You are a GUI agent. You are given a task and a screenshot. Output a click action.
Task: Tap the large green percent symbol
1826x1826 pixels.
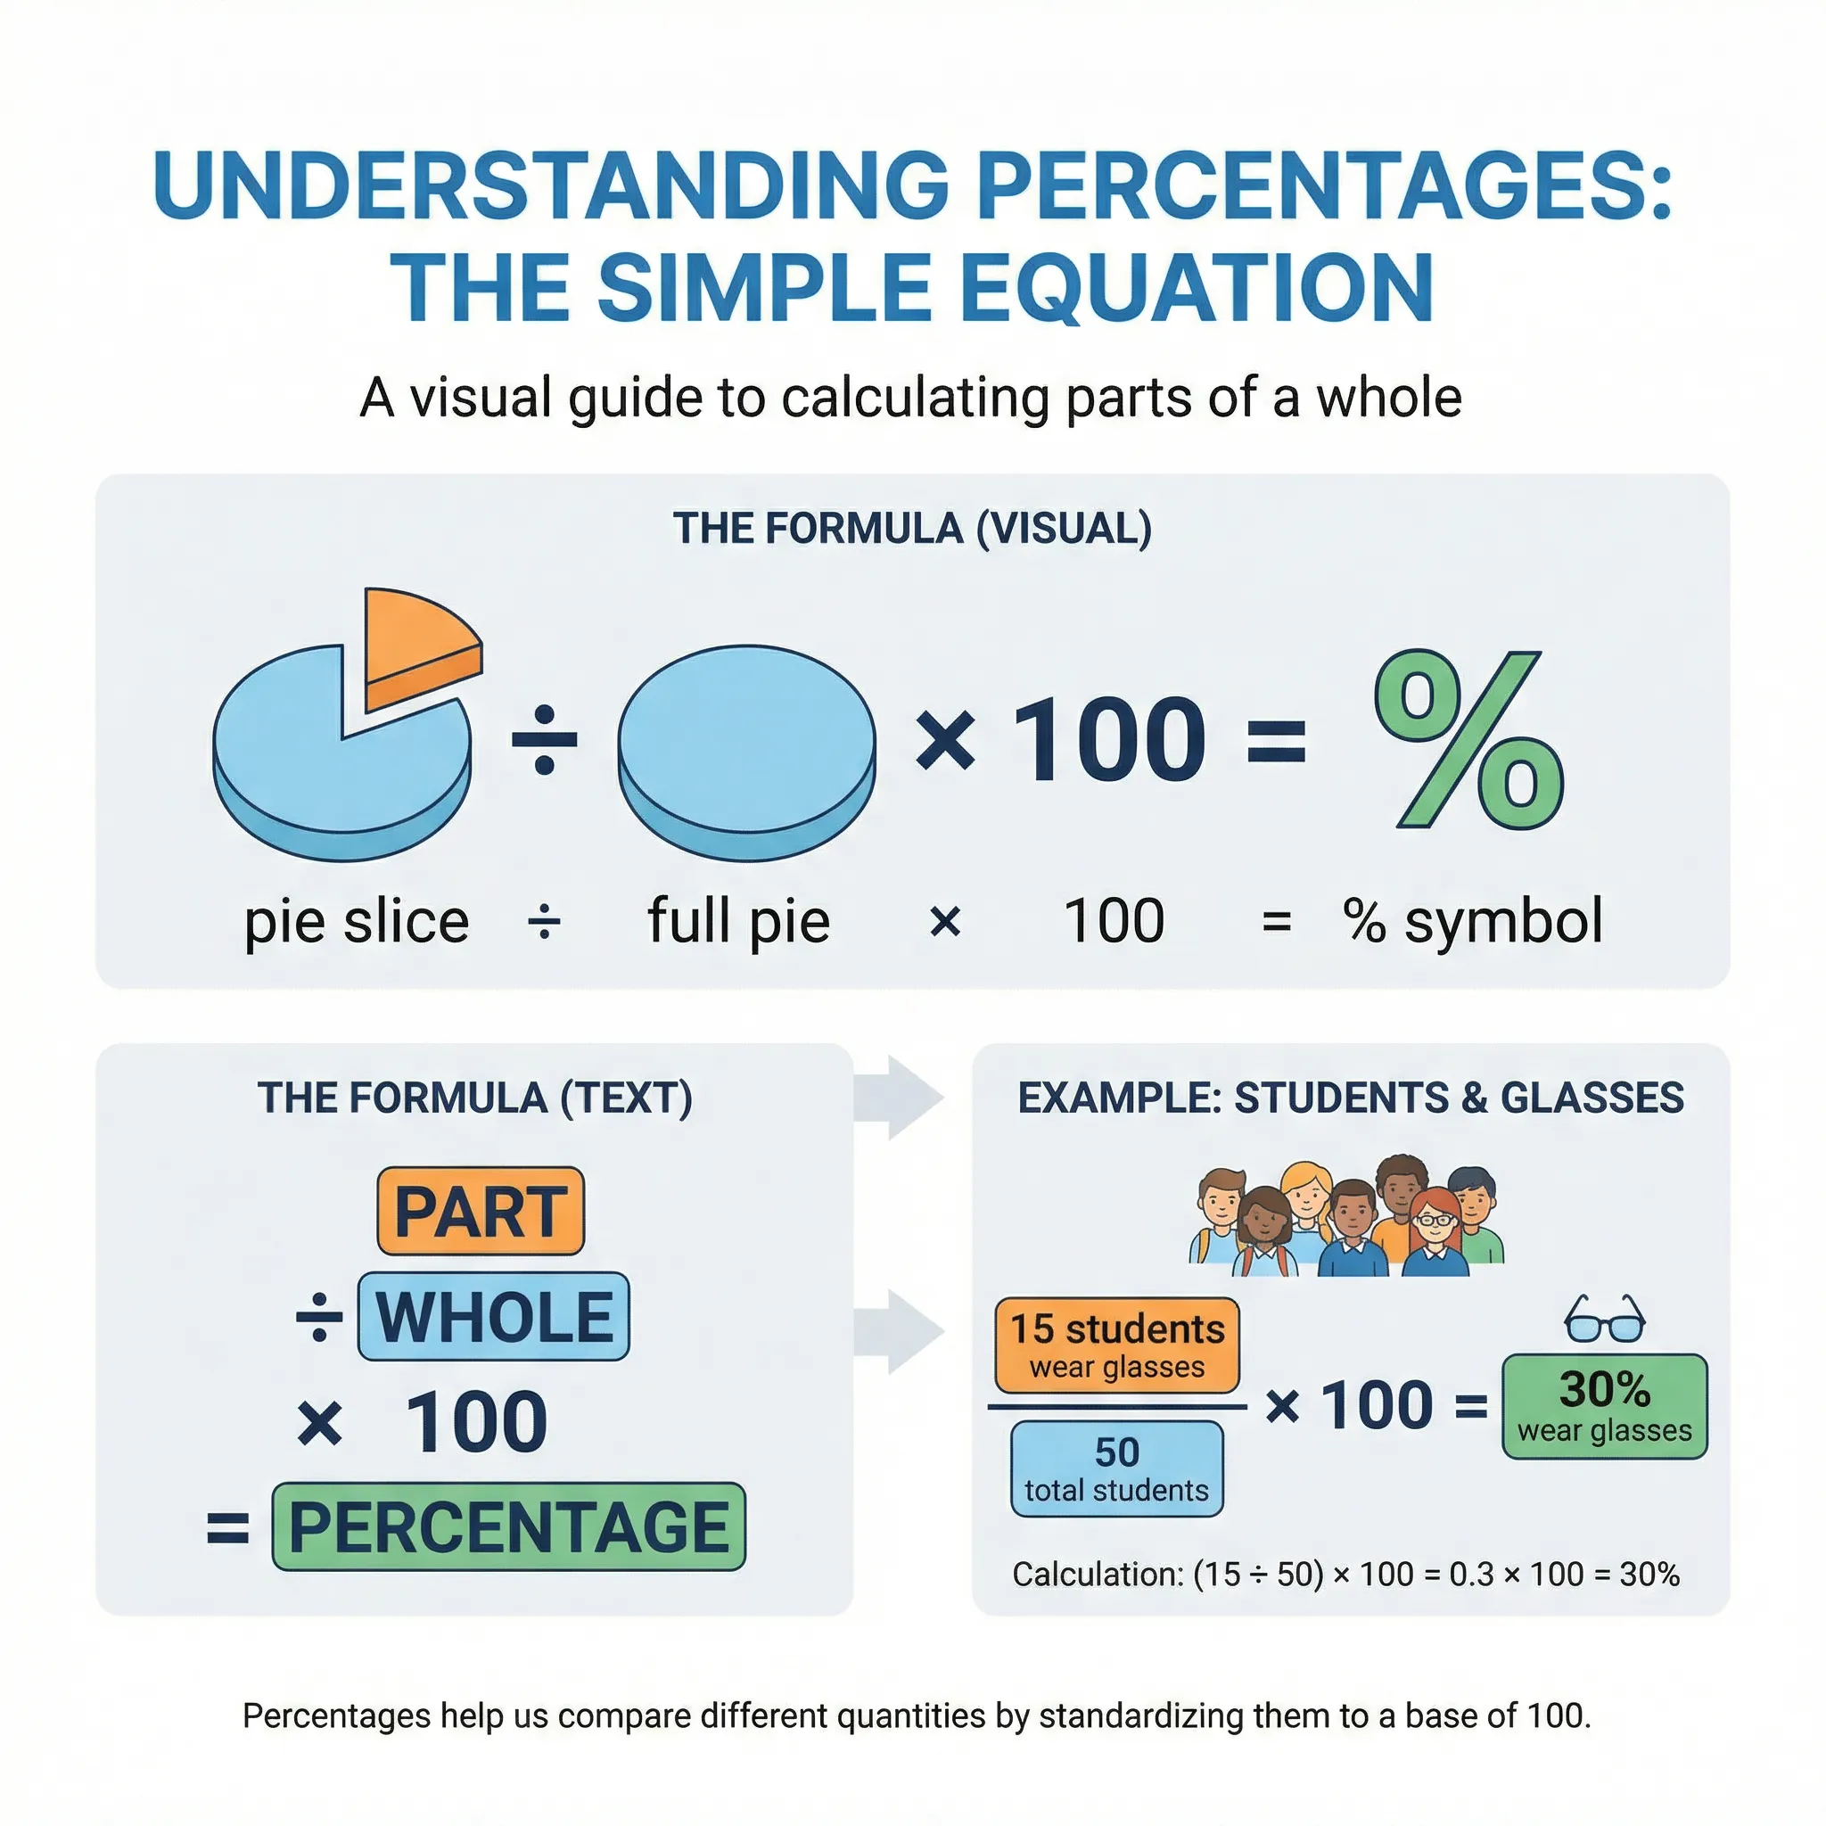point(1468,740)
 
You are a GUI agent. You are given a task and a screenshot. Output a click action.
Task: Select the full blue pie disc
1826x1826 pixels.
point(746,753)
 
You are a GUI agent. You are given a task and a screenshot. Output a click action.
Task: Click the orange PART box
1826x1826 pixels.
point(481,1211)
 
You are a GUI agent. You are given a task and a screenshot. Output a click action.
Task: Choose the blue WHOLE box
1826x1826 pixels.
point(493,1316)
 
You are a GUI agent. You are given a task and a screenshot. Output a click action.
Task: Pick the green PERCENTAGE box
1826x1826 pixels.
point(508,1526)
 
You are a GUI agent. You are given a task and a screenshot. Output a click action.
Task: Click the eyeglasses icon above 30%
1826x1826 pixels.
point(1605,1318)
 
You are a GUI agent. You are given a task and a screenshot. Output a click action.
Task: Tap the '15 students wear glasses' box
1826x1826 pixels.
point(1116,1345)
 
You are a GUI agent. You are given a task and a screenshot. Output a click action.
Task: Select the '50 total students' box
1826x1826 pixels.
point(1116,1469)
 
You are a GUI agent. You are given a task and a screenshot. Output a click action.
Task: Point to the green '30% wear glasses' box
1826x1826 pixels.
point(1605,1406)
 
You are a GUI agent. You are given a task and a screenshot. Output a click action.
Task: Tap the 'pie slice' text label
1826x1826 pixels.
point(357,922)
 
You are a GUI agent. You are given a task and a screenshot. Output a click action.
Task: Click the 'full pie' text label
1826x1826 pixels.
point(738,922)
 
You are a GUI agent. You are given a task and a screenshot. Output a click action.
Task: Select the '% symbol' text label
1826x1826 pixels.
point(1473,922)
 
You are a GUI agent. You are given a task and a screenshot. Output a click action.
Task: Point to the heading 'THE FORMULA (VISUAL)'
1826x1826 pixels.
point(912,529)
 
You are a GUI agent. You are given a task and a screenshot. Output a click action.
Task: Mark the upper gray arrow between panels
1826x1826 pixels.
point(899,1098)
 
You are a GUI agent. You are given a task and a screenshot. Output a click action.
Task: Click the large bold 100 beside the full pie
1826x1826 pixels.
point(1108,740)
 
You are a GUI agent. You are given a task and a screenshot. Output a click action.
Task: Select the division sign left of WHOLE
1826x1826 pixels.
point(319,1317)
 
